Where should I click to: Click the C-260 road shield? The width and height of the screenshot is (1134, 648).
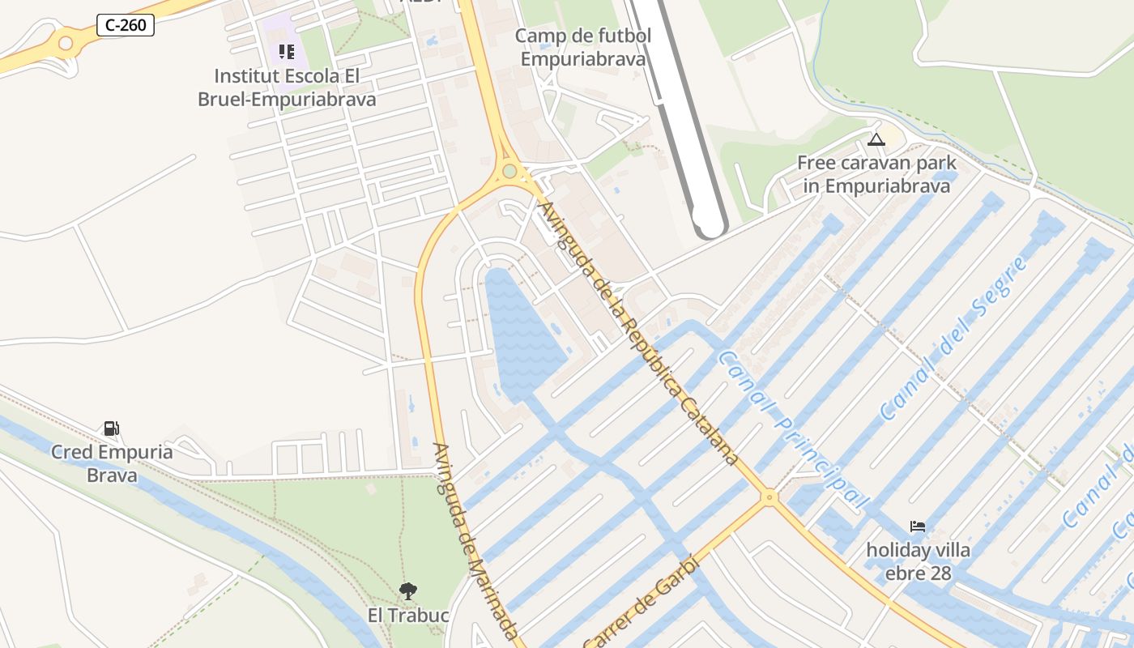click(126, 25)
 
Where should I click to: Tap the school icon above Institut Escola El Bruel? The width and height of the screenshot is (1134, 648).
click(287, 52)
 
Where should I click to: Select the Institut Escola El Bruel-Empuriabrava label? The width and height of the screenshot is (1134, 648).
click(287, 87)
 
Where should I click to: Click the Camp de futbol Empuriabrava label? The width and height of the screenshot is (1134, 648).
click(583, 47)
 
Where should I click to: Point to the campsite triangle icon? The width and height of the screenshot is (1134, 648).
click(876, 139)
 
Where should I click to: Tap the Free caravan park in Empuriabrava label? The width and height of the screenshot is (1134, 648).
click(876, 174)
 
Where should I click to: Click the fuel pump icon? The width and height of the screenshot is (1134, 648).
click(111, 428)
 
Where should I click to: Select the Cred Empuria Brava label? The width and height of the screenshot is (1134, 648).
click(112, 463)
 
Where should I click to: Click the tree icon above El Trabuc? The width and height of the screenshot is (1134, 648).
click(408, 591)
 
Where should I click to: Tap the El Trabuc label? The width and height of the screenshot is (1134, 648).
click(408, 616)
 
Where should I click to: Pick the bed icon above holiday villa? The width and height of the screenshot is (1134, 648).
click(917, 526)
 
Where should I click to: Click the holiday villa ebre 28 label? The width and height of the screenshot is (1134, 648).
click(918, 561)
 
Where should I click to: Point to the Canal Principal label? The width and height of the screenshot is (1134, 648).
click(793, 429)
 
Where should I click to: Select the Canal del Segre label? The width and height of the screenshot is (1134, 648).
click(954, 339)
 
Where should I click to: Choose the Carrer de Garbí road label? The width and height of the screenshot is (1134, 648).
click(640, 599)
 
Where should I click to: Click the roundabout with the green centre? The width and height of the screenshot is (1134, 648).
click(509, 171)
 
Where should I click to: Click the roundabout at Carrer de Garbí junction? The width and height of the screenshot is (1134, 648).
click(769, 497)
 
